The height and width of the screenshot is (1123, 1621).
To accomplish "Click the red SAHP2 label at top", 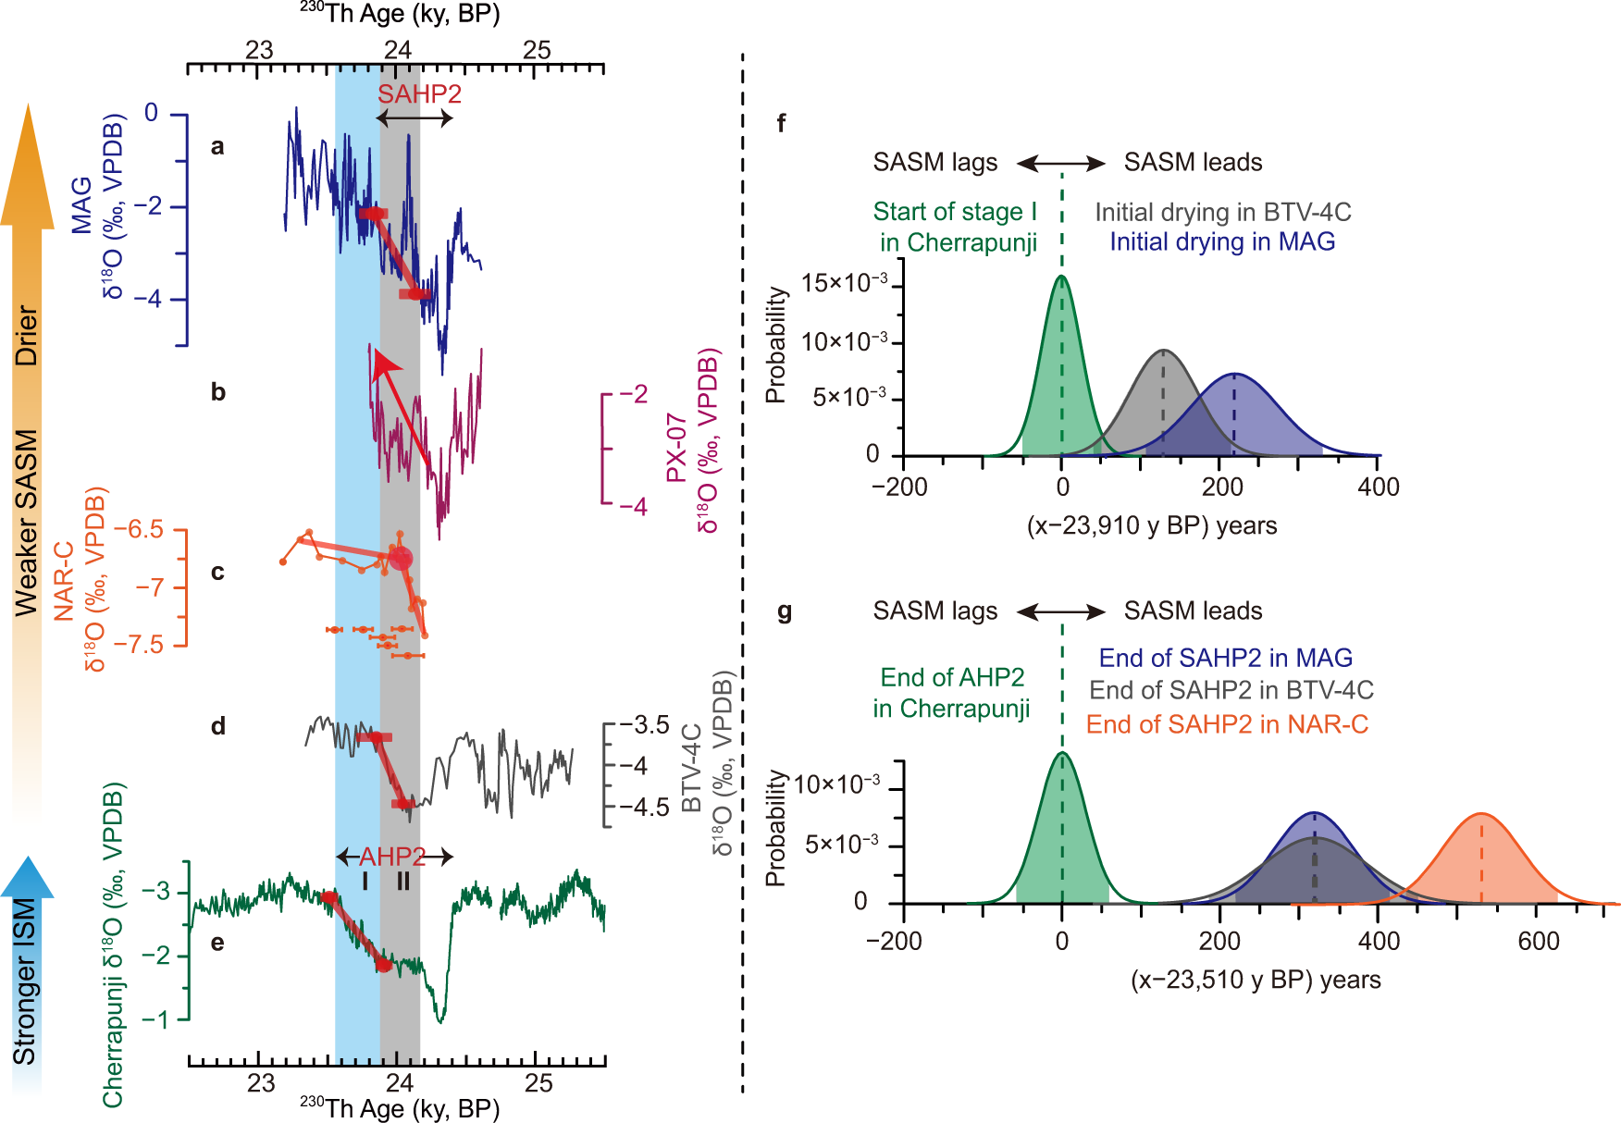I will [419, 94].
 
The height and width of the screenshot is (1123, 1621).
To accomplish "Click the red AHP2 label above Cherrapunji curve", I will [392, 856].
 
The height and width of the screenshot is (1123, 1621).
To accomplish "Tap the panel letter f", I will [782, 123].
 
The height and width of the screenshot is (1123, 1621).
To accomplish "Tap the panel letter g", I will [785, 611].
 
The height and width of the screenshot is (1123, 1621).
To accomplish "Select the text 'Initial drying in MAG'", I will [1222, 242].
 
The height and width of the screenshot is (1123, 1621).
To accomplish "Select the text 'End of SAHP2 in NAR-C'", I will [1227, 724].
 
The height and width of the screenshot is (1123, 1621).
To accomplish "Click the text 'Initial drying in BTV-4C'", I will [1222, 213].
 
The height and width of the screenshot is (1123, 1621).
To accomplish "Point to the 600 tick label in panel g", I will [1538, 942].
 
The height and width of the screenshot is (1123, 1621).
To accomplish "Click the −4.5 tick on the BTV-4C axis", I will [644, 808].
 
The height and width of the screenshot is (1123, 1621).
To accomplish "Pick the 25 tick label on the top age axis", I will [537, 50].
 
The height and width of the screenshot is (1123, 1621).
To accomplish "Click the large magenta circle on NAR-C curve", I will [400, 559].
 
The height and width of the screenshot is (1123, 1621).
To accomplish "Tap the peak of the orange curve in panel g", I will [1481, 814].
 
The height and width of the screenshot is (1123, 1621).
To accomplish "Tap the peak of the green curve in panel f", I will [1061, 277].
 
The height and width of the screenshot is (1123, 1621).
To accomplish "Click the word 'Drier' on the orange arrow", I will [27, 335].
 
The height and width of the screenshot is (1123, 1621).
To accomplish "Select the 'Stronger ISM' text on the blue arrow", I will [26, 981].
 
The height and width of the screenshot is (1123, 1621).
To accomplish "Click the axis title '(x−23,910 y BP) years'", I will [1151, 526].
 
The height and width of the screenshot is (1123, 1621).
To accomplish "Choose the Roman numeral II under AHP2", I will [403, 882].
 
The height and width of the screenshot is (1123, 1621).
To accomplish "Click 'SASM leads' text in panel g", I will [1193, 611].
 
